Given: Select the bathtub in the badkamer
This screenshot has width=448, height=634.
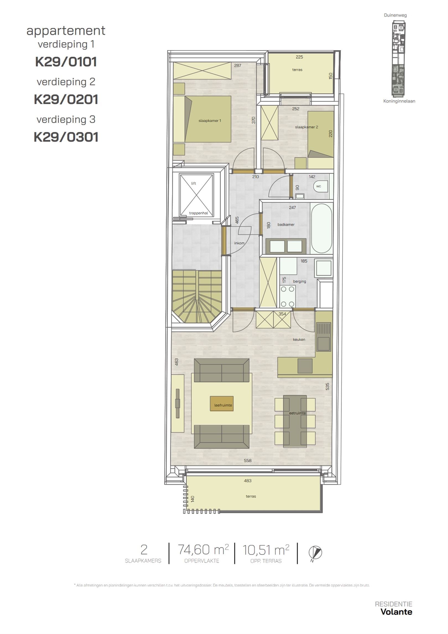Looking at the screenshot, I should pos(322,228).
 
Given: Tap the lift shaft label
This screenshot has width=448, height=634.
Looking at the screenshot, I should pos(194,183).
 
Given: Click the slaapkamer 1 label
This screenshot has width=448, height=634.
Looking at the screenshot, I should pos(210,121).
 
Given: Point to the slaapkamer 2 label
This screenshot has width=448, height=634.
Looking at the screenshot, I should pos(306,127).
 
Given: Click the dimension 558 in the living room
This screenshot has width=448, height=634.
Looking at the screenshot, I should pos(248,460).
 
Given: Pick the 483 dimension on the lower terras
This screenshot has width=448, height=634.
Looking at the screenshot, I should pos(248,481).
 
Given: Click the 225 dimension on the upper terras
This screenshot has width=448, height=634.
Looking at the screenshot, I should pos(299,57).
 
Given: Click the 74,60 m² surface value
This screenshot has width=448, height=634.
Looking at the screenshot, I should pos(203,550).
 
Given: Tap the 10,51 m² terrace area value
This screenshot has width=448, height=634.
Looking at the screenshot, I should pos(266,550).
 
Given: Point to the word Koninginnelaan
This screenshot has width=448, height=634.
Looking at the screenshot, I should pos(399,101).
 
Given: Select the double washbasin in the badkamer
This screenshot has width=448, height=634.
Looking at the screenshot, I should pos(286,246).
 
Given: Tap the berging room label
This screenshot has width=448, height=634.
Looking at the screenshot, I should pos(299,281).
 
